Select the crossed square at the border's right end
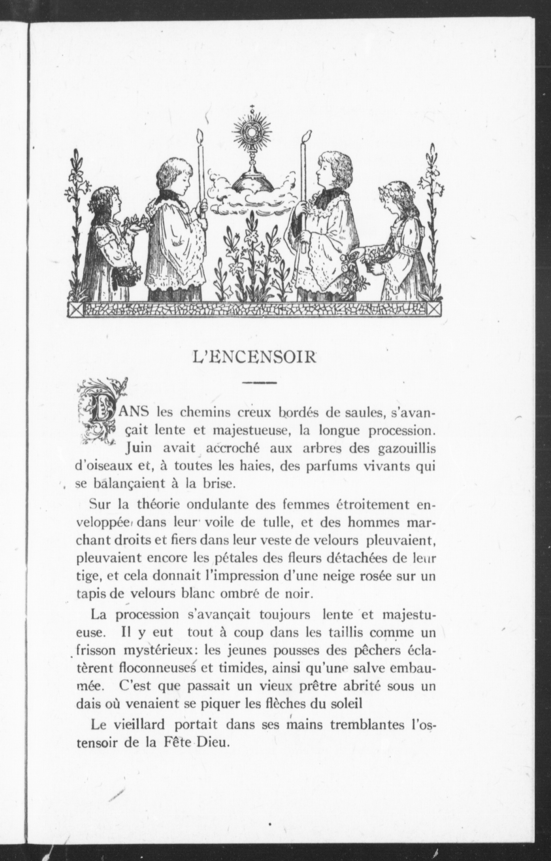click(x=435, y=309)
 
